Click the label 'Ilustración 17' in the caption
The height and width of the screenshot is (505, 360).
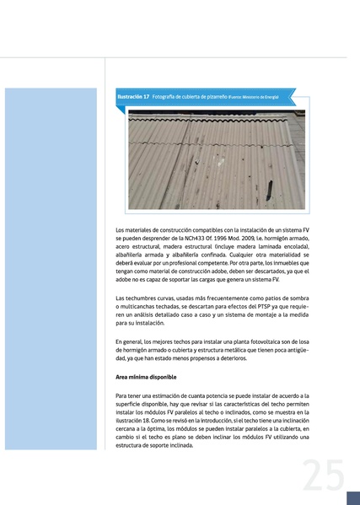pos(133,97)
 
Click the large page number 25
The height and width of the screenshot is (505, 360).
pos(324,477)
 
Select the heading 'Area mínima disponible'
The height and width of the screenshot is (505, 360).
pos(146,377)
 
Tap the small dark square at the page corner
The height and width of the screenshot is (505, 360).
pos(352,498)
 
